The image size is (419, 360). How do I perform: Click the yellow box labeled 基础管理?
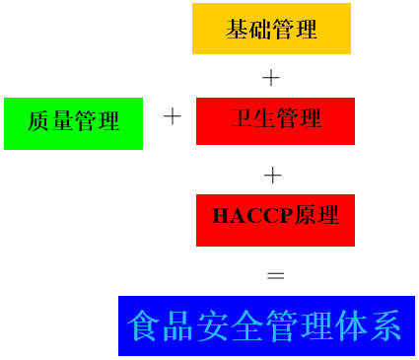(x=271, y=29)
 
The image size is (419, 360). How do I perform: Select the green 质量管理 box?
(x=73, y=123)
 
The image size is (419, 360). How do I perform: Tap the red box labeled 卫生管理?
(x=275, y=120)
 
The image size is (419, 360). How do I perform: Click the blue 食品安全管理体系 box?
(x=266, y=325)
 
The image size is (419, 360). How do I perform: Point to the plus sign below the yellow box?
(x=271, y=77)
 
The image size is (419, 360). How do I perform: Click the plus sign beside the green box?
(x=173, y=117)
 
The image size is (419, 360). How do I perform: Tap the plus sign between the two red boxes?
(x=273, y=176)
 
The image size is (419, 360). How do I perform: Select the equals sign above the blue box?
(x=275, y=275)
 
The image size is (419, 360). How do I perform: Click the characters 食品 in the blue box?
(x=159, y=326)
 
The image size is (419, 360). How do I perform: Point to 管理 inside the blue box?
(x=299, y=326)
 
